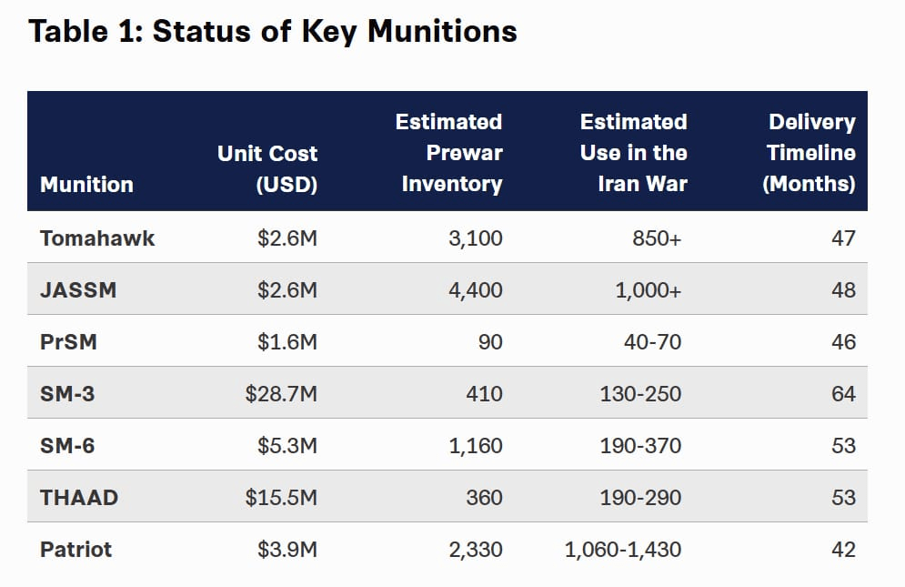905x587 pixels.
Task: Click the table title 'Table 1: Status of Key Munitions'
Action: click(273, 32)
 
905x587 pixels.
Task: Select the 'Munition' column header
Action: click(86, 184)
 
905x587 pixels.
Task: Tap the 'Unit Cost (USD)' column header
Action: click(267, 168)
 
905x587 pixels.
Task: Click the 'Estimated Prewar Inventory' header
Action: click(451, 153)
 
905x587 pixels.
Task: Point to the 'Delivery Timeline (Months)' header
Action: click(809, 153)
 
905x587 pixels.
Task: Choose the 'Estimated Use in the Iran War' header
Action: click(633, 153)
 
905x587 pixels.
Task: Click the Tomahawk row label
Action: click(97, 238)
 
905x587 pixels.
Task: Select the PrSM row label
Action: click(68, 342)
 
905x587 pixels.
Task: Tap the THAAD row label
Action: click(79, 498)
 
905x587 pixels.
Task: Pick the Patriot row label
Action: click(76, 550)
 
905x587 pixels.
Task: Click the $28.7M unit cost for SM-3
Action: click(281, 394)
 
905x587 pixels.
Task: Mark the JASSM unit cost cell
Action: click(287, 290)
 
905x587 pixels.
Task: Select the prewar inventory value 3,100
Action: click(476, 238)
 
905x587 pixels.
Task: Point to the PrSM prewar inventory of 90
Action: click(489, 342)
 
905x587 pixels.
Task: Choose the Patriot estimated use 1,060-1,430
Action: click(622, 550)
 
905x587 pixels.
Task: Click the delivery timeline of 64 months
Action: click(843, 394)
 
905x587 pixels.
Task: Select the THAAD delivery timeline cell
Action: click(843, 498)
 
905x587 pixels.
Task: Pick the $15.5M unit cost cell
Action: click(281, 498)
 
